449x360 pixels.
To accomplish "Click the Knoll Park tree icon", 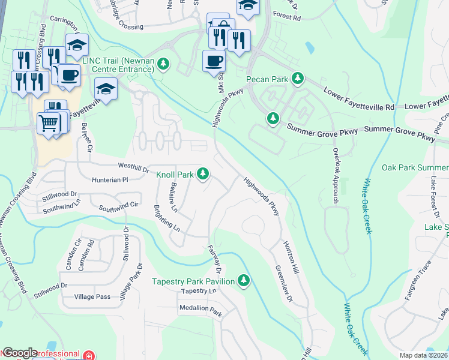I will click(x=203, y=174).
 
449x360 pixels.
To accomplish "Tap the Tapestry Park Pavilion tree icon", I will click(x=243, y=280).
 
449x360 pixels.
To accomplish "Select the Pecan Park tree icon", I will click(x=297, y=79).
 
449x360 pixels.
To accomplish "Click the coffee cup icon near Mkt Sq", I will click(x=214, y=60).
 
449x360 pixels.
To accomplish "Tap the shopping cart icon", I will click(x=48, y=123).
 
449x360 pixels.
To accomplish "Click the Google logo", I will click(x=20, y=353).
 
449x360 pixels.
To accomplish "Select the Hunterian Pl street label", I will click(x=109, y=179).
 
